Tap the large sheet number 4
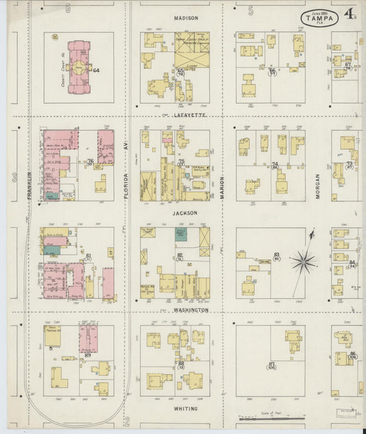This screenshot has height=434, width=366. [x=350, y=13]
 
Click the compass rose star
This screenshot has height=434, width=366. [x=303, y=260]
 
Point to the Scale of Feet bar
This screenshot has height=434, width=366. [x=272, y=417]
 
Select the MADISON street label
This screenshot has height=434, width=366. [x=185, y=18]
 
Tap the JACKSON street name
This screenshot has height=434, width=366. [x=185, y=213]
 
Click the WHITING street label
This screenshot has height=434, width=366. [x=185, y=409]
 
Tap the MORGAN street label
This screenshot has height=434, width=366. [x=318, y=186]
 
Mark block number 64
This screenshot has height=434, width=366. [x=96, y=70]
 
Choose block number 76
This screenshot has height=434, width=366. [x=90, y=161]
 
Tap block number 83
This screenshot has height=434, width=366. [x=277, y=255]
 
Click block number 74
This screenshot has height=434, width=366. [x=275, y=165]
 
